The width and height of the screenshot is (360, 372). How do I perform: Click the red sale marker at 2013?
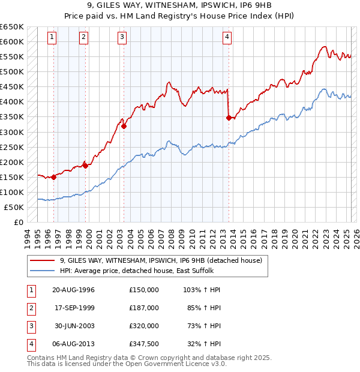(229, 118)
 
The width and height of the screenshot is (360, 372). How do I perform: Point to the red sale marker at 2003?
(124, 126)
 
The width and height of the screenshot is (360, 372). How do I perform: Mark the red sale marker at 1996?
(54, 177)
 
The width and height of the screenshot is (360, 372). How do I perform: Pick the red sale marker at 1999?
(85, 166)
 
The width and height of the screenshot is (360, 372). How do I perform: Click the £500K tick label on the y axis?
(12, 72)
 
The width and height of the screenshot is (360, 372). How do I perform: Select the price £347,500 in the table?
(144, 344)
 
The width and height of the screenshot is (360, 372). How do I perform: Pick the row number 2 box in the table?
(31, 308)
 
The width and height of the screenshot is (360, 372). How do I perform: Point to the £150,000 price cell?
(144, 290)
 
